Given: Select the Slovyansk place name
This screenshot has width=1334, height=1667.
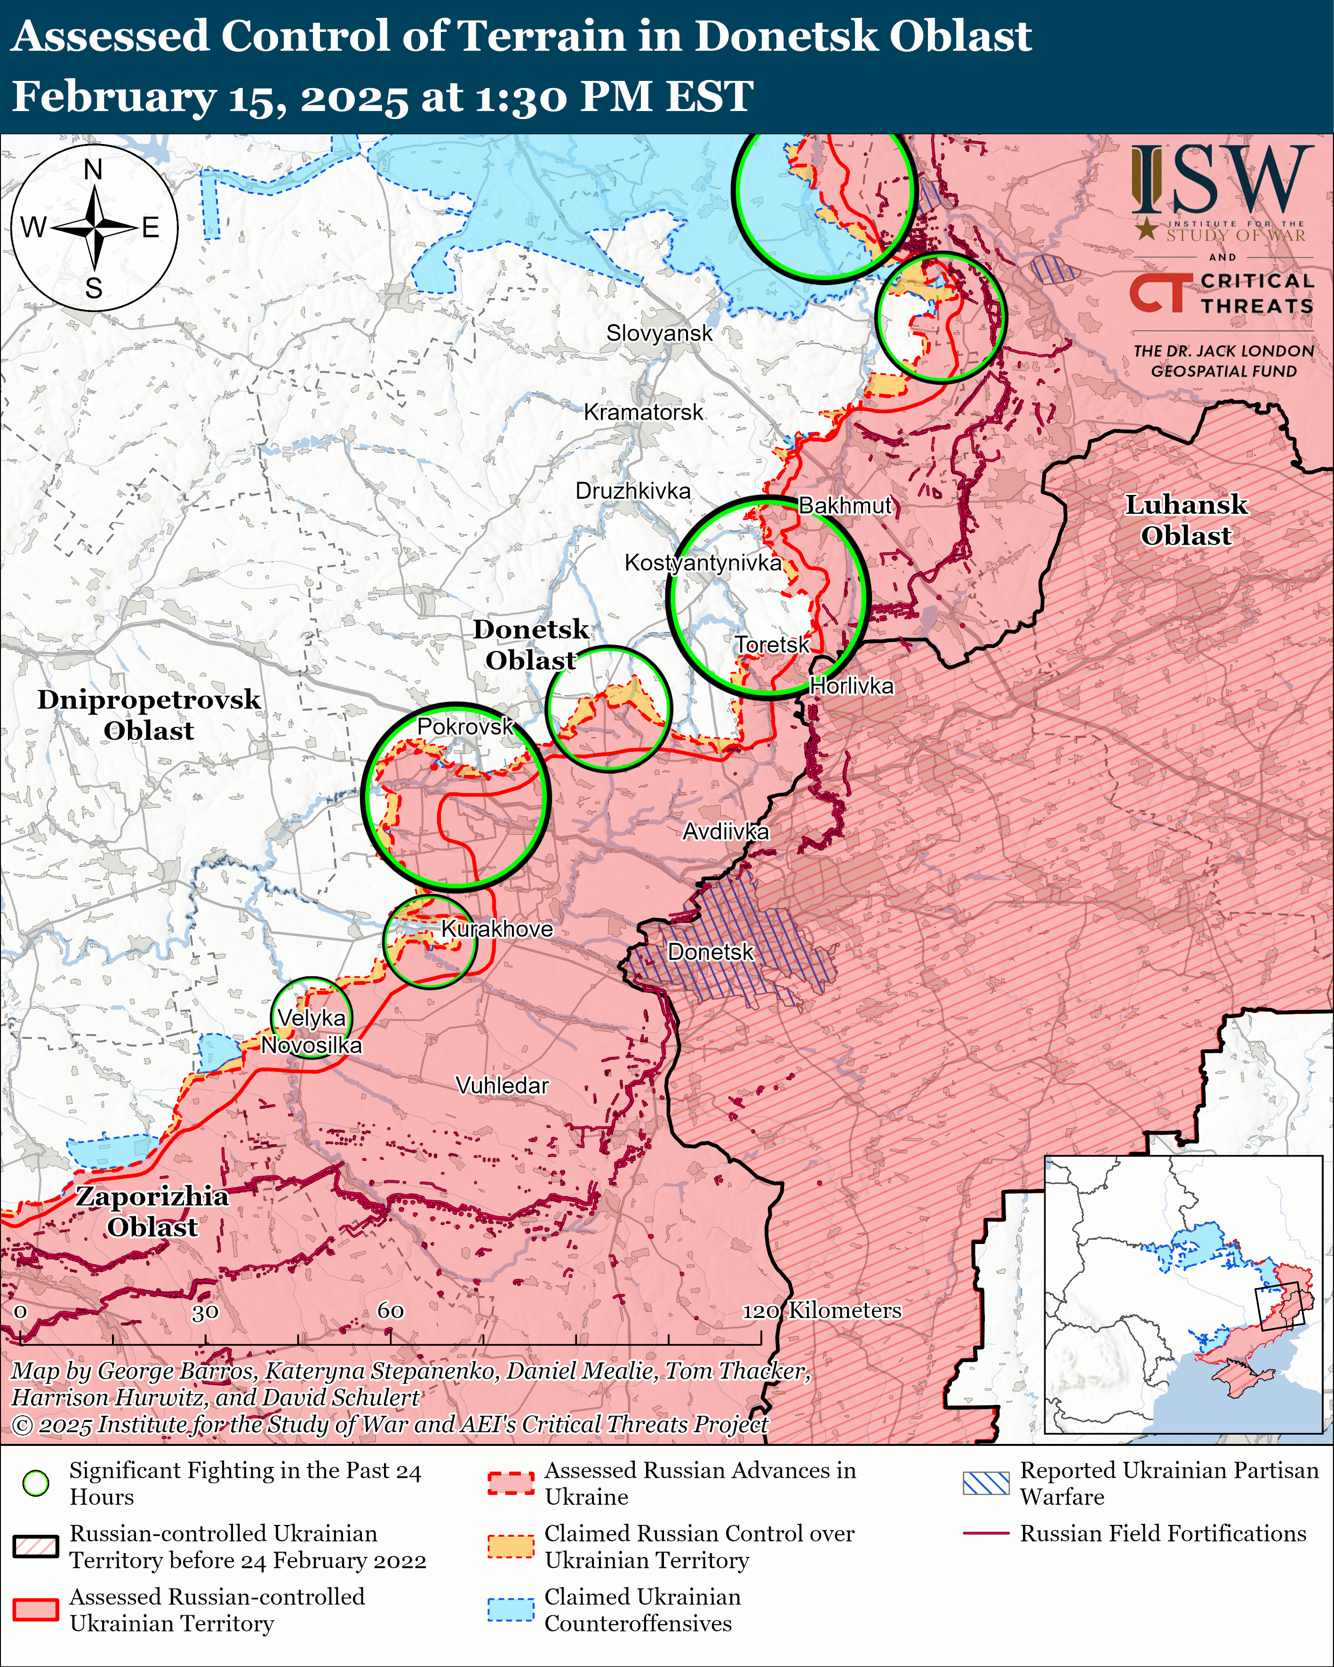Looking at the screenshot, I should click(659, 333).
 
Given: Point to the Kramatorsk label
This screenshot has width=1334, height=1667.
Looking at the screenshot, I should click(643, 412).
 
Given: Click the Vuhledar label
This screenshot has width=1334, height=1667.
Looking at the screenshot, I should click(502, 1085).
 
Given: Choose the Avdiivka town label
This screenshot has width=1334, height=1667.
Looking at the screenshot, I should click(726, 832).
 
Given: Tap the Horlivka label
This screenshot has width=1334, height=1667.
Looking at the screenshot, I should click(851, 686).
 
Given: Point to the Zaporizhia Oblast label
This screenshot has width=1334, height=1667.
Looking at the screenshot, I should click(152, 1212).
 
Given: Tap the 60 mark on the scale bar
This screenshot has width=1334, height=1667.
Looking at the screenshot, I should click(391, 1310).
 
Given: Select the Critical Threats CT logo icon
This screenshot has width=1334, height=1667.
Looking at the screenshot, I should click(1158, 294).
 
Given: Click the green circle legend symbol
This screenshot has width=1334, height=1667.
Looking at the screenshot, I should click(36, 1483).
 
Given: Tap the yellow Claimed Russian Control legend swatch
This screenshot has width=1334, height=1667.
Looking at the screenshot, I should click(511, 1547).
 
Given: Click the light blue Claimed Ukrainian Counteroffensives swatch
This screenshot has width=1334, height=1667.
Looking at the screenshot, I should click(511, 1609).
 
